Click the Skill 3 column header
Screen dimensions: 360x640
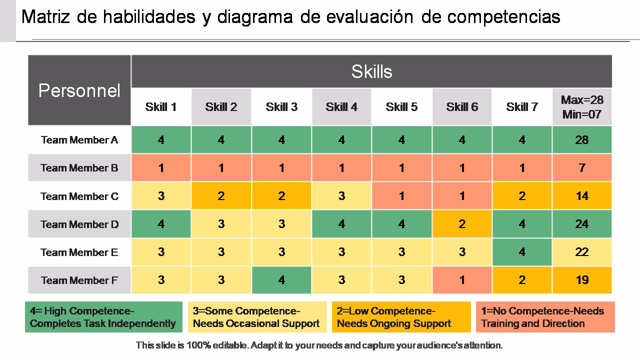pyautogui.click(x=281, y=107)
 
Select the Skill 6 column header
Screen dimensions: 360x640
pyautogui.click(x=462, y=107)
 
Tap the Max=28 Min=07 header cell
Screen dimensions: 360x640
pyautogui.click(x=582, y=107)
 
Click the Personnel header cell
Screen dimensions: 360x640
pyautogui.click(x=79, y=90)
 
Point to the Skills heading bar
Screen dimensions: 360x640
pyautogui.click(x=371, y=71)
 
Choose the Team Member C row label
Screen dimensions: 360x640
pyautogui.click(x=79, y=196)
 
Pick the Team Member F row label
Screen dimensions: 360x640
pyautogui.click(x=79, y=280)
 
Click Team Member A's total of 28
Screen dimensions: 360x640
pyautogui.click(x=582, y=140)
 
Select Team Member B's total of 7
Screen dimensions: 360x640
pyautogui.click(x=582, y=168)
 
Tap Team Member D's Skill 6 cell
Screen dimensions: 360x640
pyautogui.click(x=462, y=224)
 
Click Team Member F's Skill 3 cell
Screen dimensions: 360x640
pyautogui.click(x=281, y=280)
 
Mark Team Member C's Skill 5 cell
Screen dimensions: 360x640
pyautogui.click(x=401, y=196)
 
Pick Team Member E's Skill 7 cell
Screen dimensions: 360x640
pyautogui.click(x=522, y=252)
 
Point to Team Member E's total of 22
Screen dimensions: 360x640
pyautogui.click(x=582, y=252)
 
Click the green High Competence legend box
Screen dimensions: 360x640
pyautogui.click(x=103, y=317)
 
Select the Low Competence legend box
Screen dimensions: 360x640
pyautogui.click(x=401, y=317)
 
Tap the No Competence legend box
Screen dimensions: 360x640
pyautogui.click(x=545, y=317)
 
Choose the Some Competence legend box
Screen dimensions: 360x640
pyautogui.click(x=257, y=317)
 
